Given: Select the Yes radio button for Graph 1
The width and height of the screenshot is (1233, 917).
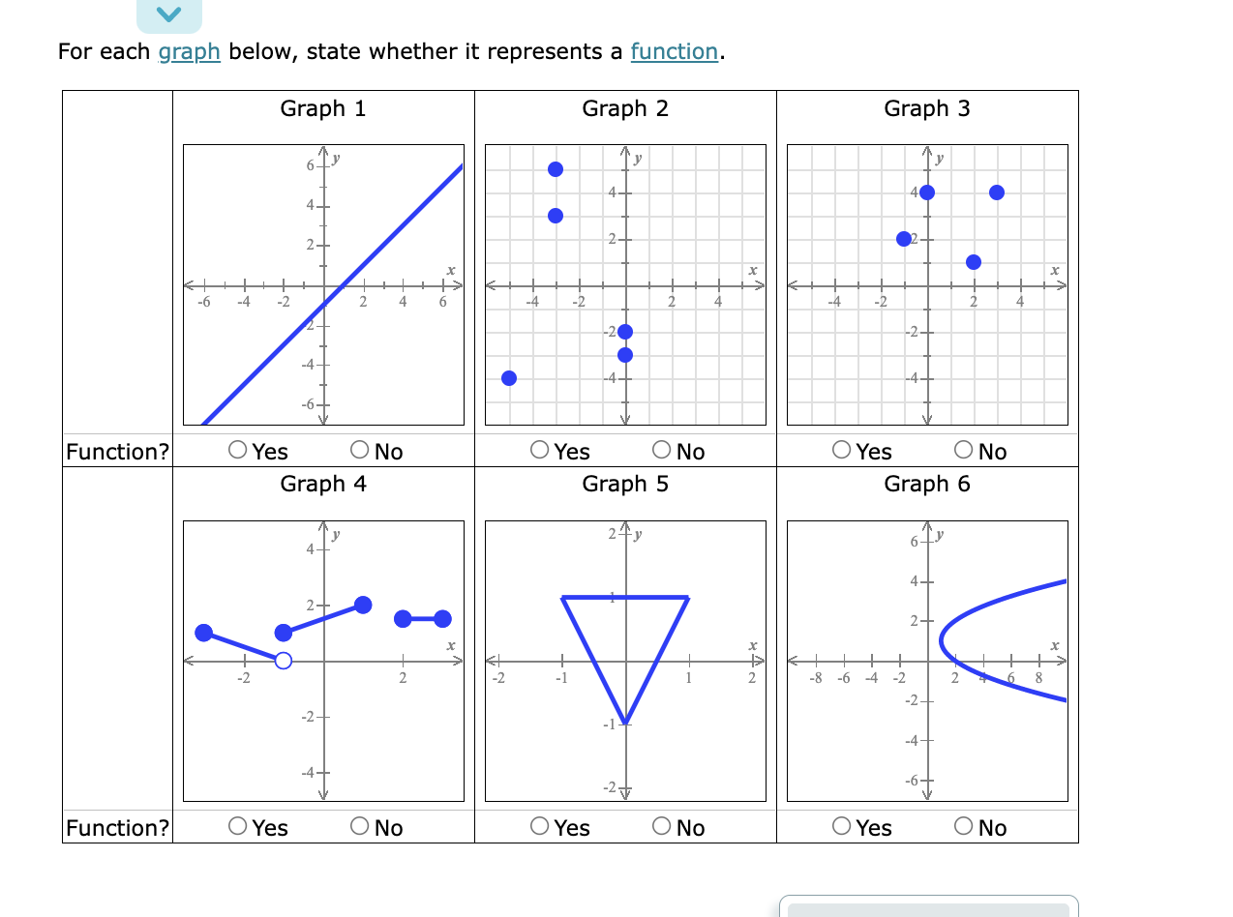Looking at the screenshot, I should (238, 451).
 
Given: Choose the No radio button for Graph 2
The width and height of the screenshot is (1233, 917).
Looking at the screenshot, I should (663, 451).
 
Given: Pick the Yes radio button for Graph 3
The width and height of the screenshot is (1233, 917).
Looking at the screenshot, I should (842, 451).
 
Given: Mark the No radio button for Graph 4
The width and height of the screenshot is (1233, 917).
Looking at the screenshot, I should (361, 827).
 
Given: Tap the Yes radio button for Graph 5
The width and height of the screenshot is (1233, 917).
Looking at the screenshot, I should (540, 827).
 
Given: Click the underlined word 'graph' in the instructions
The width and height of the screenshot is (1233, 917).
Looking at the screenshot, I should (189, 51).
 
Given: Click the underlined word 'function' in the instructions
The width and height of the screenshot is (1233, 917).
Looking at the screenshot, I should (674, 51).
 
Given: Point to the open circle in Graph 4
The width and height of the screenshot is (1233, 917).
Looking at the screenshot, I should (283, 661).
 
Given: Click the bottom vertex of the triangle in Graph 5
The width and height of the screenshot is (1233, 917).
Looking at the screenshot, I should (625, 723).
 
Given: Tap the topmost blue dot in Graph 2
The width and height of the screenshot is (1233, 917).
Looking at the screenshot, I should (556, 169).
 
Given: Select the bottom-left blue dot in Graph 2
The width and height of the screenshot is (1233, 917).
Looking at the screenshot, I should (509, 377).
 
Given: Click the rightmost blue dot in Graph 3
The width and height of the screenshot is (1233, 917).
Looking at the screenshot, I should (997, 192).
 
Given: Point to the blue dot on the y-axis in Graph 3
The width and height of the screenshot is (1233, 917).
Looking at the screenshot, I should (927, 192).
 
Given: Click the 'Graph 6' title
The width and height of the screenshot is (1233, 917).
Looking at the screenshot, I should (926, 484).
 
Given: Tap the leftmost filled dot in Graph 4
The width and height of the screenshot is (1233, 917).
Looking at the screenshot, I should (203, 633).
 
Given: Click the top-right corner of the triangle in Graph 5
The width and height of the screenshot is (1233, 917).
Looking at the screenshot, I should (687, 598).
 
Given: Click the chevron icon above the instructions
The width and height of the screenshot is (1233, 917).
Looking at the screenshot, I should (169, 14).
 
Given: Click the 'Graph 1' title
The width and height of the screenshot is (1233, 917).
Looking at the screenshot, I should (323, 108).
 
